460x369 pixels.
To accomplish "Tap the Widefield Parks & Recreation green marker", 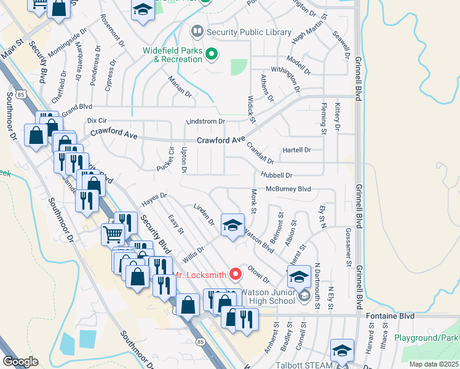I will pos(212,55).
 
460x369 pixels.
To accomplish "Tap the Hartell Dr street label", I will pos(297,149).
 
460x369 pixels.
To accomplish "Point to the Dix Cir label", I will pos(97,120).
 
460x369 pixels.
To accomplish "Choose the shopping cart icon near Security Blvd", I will pos(113,234).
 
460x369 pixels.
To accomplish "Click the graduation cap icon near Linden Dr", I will pos(232,225).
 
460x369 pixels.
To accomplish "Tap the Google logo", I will pos(20,362).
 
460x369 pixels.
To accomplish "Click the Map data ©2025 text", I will pos(434,364).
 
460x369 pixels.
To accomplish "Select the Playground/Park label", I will pos(427,338).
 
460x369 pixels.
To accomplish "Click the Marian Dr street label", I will pos(180,87).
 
